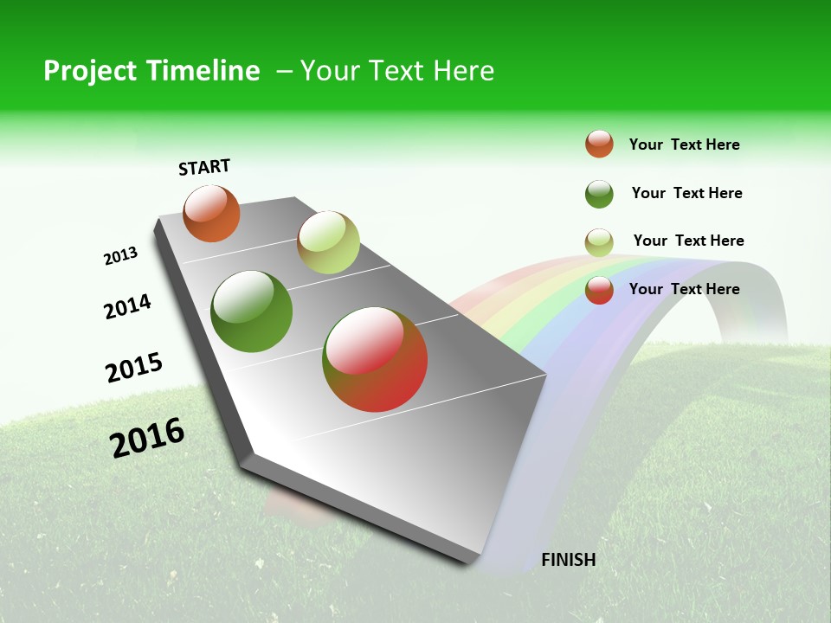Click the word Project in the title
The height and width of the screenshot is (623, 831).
[90, 71]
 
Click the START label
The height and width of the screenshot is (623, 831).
[204, 167]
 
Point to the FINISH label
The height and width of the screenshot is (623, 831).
[568, 560]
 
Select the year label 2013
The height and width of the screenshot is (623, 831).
[120, 256]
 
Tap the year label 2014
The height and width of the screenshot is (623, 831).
[127, 306]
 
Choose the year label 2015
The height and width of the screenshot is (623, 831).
[134, 367]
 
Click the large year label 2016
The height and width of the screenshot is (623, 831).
[147, 437]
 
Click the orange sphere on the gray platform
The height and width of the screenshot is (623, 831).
[212, 213]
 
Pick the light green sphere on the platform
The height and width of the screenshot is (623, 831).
[328, 242]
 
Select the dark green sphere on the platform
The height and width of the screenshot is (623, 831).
[252, 311]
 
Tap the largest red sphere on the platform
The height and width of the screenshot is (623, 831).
[375, 359]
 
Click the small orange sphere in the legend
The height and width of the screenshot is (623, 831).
[599, 145]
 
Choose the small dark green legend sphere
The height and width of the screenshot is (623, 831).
[599, 194]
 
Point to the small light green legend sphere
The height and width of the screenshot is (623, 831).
[599, 242]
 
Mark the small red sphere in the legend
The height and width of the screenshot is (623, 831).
[599, 290]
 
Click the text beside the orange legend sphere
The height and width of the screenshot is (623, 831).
[684, 145]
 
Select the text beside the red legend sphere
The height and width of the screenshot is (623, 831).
[684, 289]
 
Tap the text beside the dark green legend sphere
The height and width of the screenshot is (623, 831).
[686, 193]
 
